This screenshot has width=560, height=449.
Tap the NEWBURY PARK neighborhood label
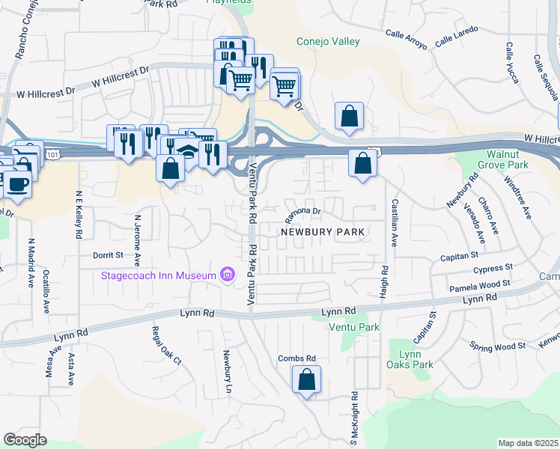tap(323, 232)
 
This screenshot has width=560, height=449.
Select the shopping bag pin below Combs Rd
tap(306, 380)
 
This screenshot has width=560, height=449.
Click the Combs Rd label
tap(297, 358)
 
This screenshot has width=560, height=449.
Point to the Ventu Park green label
tap(353, 328)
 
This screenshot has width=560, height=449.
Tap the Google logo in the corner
tap(25, 439)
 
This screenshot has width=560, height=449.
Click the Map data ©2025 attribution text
tap(528, 443)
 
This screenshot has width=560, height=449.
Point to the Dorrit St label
tap(108, 255)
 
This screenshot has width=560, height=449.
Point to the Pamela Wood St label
tap(479, 285)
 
